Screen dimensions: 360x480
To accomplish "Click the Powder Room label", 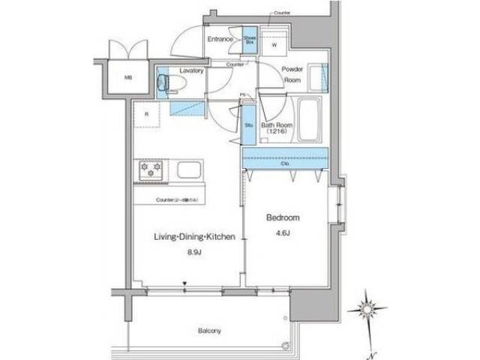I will point(292,73).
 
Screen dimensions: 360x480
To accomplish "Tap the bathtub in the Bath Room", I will point(308,118).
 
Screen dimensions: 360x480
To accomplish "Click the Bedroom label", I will point(283,217).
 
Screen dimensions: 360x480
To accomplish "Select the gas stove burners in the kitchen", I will point(150,169).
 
